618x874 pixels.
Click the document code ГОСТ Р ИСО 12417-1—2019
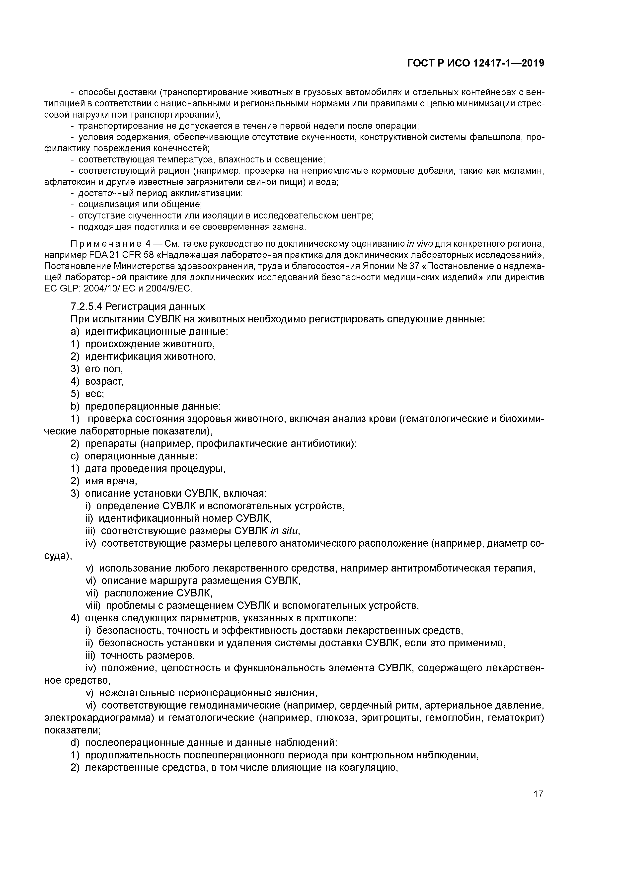(x=476, y=63)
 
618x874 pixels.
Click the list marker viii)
(x=94, y=605)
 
